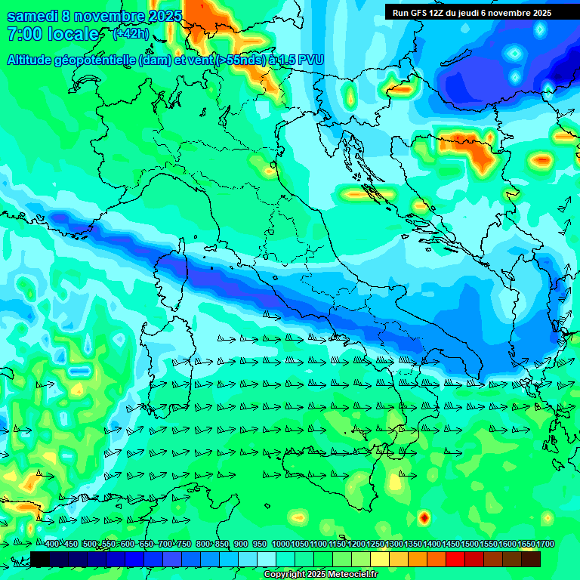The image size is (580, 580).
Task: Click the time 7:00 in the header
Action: (x=23, y=35)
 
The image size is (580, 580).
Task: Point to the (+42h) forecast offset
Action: (x=131, y=34)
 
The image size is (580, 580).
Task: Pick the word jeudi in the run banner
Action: (x=473, y=13)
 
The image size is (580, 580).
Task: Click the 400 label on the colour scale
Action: (x=52, y=544)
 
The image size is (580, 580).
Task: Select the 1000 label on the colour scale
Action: (x=281, y=544)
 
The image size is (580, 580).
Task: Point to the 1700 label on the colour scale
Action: (x=545, y=544)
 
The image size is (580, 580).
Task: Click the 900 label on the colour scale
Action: (x=241, y=544)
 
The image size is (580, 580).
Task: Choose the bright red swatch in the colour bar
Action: (x=455, y=559)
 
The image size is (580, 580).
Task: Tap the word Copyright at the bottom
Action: (x=285, y=575)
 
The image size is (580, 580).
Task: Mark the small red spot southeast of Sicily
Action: (x=424, y=517)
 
